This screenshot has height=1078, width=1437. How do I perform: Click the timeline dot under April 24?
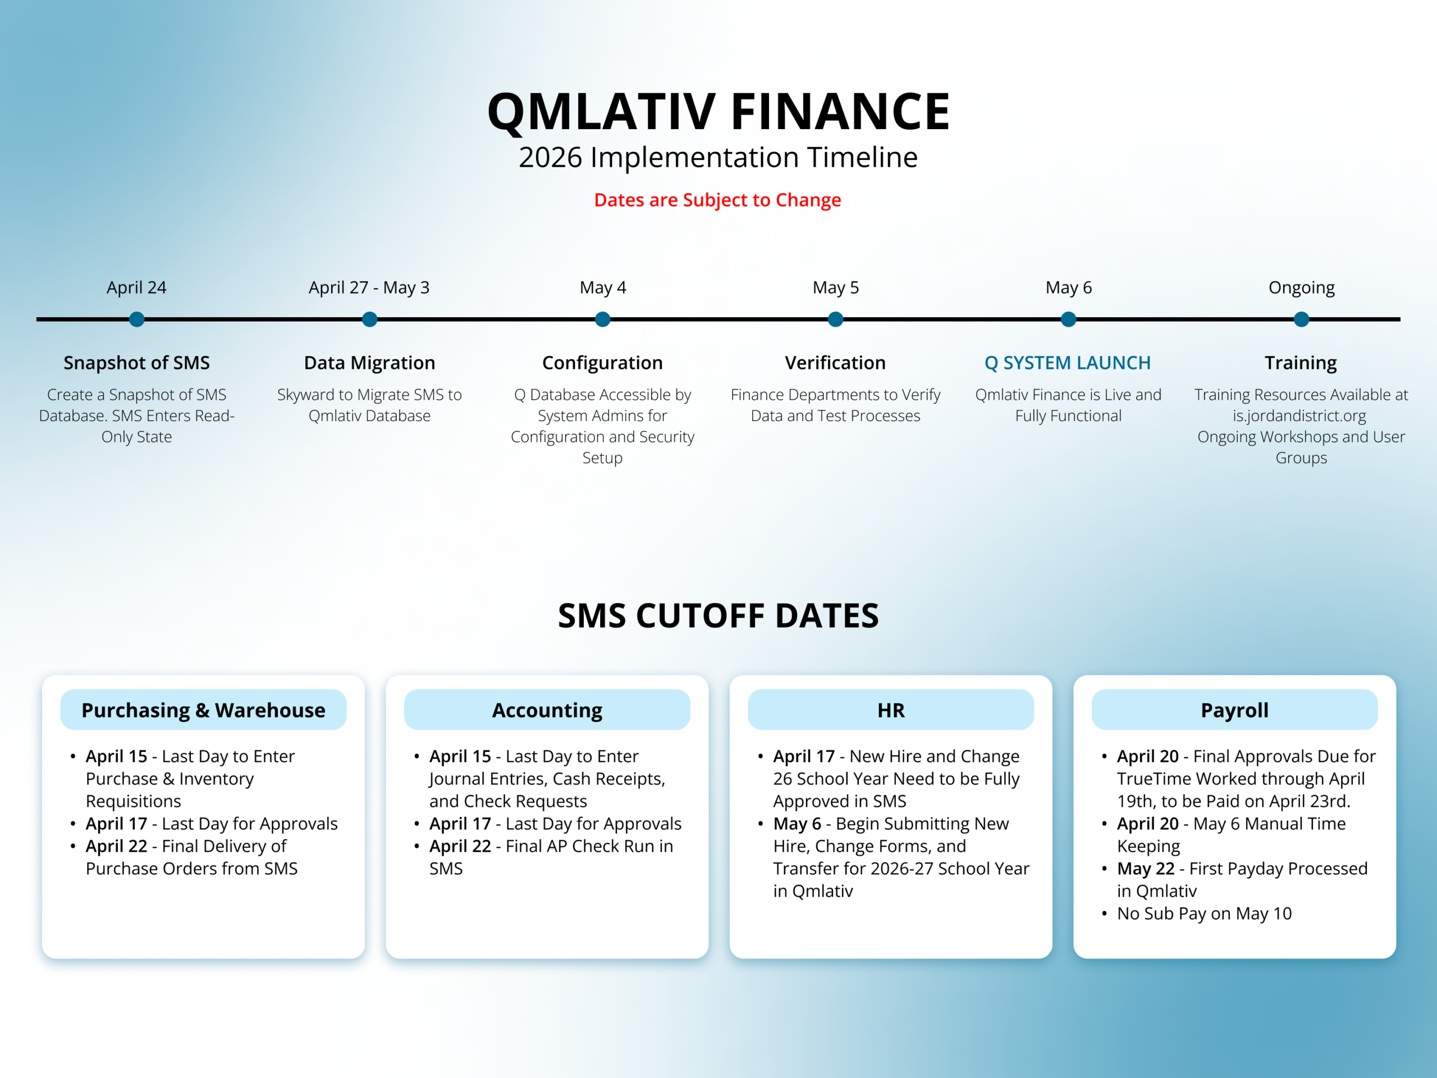point(136,319)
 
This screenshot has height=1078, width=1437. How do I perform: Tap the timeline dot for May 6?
point(1068,319)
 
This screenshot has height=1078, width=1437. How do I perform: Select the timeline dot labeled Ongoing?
point(1301,319)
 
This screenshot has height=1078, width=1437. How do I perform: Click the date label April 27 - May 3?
point(369,287)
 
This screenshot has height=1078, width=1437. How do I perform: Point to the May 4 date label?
point(603,287)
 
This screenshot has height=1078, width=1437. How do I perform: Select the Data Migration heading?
point(369,363)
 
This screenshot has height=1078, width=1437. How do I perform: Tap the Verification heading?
point(835,363)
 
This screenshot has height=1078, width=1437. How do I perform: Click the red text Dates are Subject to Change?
point(717,200)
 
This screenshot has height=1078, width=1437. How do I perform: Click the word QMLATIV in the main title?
point(601,112)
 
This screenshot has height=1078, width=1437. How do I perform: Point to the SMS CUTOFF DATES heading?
point(718,615)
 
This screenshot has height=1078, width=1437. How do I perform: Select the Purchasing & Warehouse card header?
point(203,710)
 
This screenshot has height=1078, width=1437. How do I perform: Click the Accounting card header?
point(547,710)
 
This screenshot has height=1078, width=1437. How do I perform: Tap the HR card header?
point(891,710)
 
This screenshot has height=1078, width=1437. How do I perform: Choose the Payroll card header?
point(1234,710)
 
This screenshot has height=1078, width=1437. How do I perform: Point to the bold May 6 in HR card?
point(797,824)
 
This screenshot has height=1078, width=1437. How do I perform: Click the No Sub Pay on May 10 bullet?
point(1204,913)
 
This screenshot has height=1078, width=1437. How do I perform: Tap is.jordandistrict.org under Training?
point(1299,416)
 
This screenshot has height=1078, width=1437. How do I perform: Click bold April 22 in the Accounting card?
point(460,846)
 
